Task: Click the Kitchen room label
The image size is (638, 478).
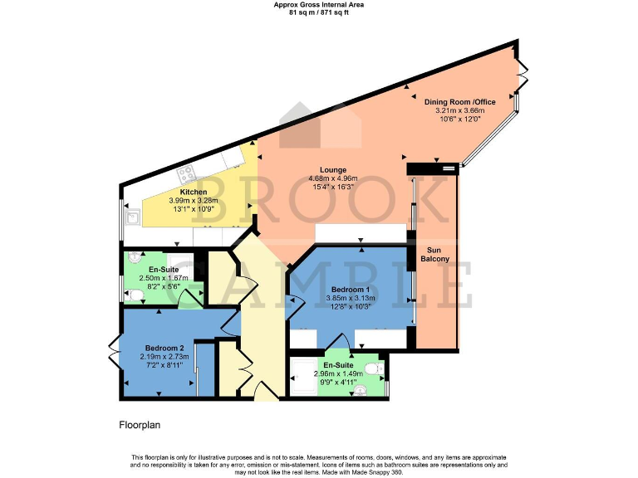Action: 194,192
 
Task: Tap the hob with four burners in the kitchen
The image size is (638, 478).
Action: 187,173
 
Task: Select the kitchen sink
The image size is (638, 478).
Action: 132,218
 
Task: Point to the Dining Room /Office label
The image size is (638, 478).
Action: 459,102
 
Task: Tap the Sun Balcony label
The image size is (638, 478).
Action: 438,254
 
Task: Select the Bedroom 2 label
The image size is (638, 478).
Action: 164,348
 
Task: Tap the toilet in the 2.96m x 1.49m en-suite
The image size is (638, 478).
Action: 378,368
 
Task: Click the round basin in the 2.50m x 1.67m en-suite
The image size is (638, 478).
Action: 135,258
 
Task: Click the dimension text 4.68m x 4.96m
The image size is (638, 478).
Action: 333,178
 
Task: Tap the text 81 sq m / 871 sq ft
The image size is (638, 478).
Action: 319,12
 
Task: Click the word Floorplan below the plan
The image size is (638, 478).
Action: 140,424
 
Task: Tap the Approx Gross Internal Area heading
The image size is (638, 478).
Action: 319,4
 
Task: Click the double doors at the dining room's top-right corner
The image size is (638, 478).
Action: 520,73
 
